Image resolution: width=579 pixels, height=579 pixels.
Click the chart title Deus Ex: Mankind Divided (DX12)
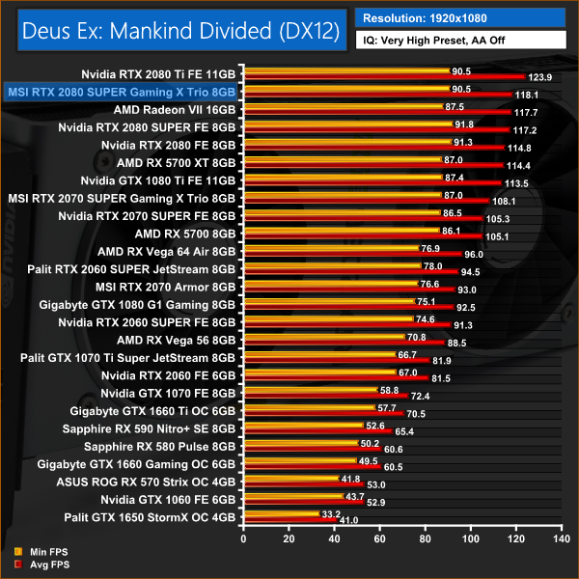coord(176,31)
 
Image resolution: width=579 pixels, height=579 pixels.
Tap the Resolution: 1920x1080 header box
coord(461,17)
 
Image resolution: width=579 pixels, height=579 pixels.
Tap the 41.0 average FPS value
coord(347,521)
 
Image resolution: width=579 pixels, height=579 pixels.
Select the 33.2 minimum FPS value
coord(331,512)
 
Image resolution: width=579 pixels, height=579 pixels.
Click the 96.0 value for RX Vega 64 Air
coord(474,254)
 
